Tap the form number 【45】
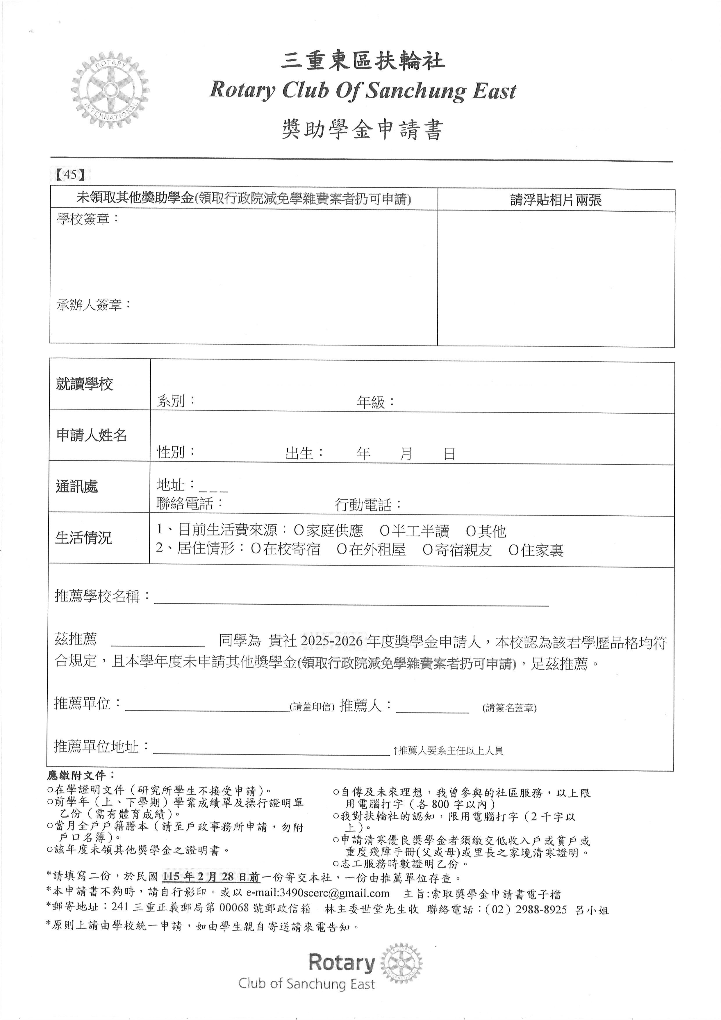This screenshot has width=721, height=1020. pyautogui.click(x=70, y=174)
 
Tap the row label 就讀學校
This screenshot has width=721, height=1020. pyautogui.click(x=84, y=384)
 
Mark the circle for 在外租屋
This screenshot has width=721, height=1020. pyautogui.click(x=341, y=550)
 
